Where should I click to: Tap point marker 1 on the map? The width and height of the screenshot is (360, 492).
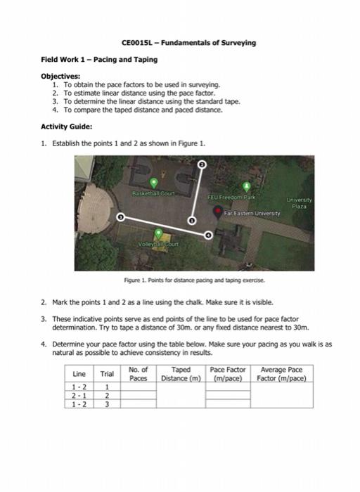point(120,217)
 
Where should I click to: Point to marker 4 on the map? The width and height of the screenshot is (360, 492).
point(207,235)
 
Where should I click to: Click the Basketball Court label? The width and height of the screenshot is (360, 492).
point(153,191)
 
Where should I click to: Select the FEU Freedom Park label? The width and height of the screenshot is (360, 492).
point(225,198)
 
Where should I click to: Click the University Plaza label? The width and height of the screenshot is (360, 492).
point(299,202)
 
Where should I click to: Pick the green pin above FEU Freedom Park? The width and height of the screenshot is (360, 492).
point(246,187)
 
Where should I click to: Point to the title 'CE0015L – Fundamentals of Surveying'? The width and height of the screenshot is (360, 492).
point(181,43)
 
